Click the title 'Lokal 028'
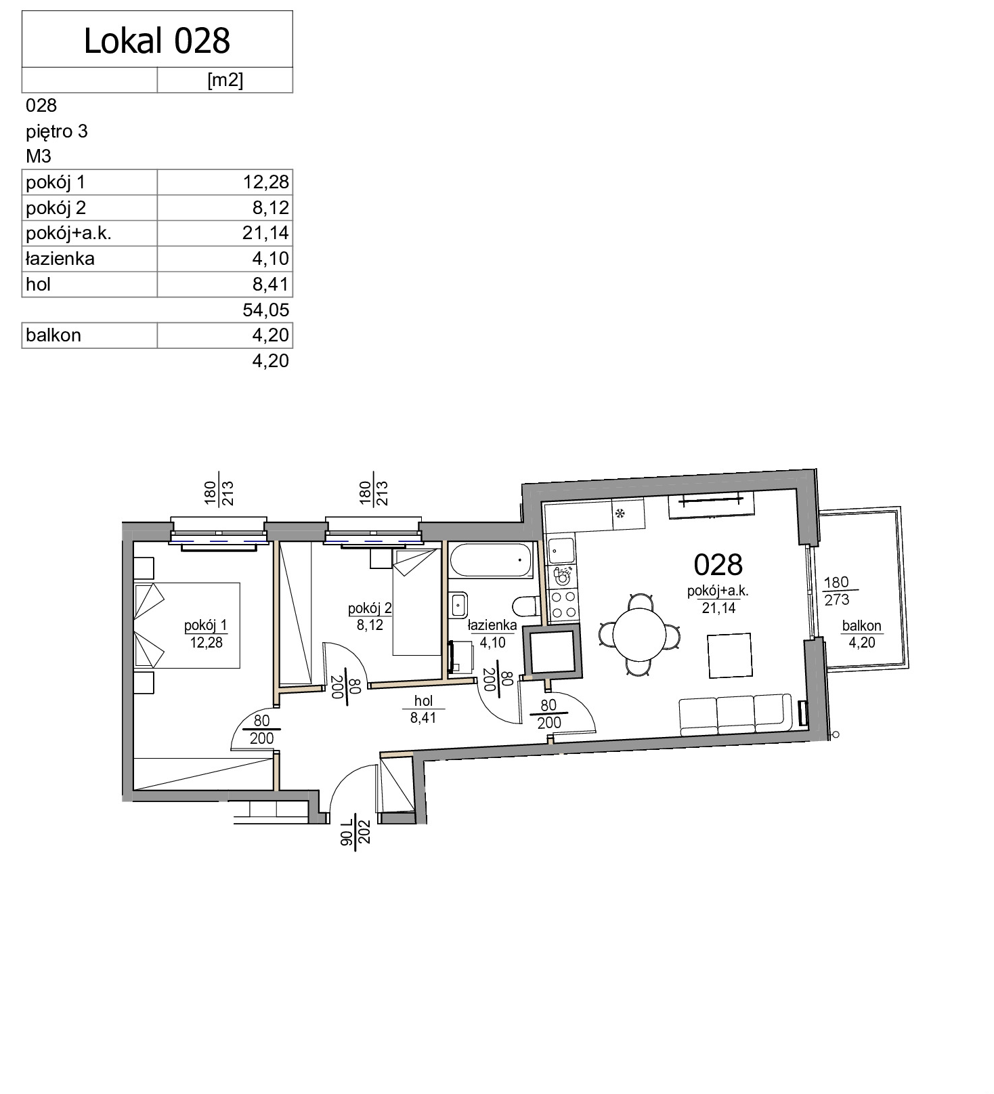click(x=157, y=41)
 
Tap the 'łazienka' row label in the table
click(x=60, y=259)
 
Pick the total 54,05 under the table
click(x=265, y=310)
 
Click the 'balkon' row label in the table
click(x=53, y=335)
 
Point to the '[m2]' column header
click(x=225, y=81)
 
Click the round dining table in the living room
click(x=639, y=634)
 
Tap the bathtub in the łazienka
click(x=492, y=561)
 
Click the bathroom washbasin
click(x=458, y=603)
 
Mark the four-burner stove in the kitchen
click(x=563, y=605)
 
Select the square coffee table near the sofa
click(x=730, y=655)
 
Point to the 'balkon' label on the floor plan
click(x=861, y=626)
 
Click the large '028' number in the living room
click(x=718, y=564)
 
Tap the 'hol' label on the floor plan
click(x=423, y=701)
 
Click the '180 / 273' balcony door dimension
click(x=837, y=591)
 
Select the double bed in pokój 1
click(x=187, y=625)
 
